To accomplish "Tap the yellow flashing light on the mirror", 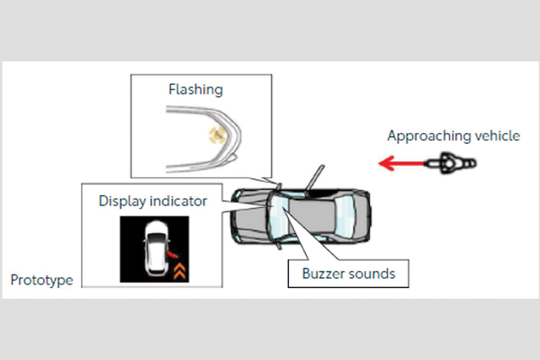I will coord(216,136).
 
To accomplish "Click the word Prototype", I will coord(40,280).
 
